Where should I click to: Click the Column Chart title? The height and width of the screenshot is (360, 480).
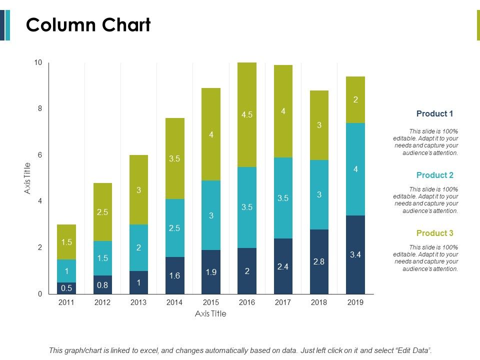pos(88,24)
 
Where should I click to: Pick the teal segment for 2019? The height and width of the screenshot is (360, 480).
pos(355,169)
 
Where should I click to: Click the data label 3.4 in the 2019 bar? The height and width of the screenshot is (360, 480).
pos(355,255)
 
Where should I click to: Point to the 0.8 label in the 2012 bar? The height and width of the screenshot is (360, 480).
pos(102,285)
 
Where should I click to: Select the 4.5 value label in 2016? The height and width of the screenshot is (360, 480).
pos(246,114)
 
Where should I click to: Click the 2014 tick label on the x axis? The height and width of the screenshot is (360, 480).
pos(174,302)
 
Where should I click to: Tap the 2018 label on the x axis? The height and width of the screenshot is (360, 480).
pos(319,302)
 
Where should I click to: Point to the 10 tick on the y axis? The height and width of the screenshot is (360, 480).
pos(38,62)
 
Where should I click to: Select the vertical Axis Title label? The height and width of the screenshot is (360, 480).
pos(27,178)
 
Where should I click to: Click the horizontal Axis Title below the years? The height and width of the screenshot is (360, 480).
pos(210,314)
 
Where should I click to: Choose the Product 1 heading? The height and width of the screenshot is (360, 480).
pos(434,113)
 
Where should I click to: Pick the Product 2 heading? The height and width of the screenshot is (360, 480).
pos(434,175)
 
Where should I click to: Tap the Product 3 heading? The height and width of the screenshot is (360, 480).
pos(434,233)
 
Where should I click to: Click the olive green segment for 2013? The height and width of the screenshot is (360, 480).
pos(138,190)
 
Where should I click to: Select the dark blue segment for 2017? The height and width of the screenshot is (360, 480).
pos(283,266)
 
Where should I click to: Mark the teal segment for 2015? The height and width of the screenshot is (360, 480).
pos(210,215)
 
